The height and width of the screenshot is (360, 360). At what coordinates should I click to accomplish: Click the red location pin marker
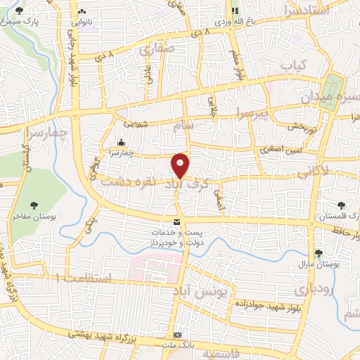pyautogui.click(x=181, y=165)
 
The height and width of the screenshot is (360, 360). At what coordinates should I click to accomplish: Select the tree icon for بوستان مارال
pyautogui.click(x=319, y=253)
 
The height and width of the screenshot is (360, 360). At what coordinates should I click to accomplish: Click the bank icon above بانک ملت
pyautogui.click(x=179, y=334)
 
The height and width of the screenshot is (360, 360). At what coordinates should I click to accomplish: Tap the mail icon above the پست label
pyautogui.click(x=166, y=221)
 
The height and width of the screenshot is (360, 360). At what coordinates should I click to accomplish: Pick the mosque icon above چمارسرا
pyautogui.click(x=122, y=141)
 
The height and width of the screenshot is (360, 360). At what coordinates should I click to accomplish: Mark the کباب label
pyautogui.click(x=295, y=65)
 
